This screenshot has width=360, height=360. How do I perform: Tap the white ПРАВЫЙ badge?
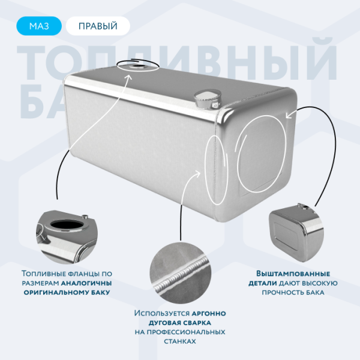[x=98, y=26]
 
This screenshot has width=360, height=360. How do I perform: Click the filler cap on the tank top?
[x=205, y=98]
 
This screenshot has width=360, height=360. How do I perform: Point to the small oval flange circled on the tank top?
[x=139, y=67]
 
